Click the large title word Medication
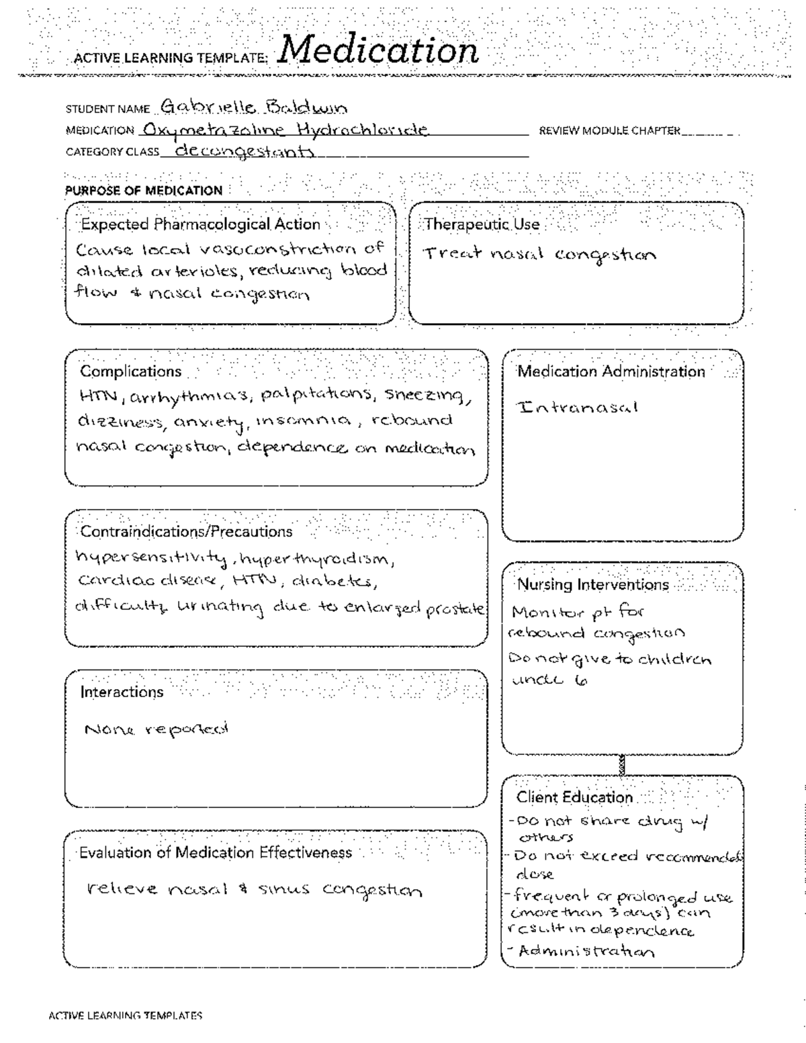(x=377, y=50)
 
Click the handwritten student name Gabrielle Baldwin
(x=254, y=107)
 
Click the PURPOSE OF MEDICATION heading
(x=144, y=191)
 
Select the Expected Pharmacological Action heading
(x=200, y=224)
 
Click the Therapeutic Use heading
(x=482, y=224)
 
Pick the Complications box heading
(x=131, y=371)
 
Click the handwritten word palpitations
(x=316, y=394)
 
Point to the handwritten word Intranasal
(x=578, y=408)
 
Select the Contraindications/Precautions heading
(x=186, y=532)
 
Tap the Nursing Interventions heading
(x=592, y=585)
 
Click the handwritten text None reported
(x=156, y=729)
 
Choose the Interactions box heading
(x=122, y=692)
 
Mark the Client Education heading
(x=574, y=798)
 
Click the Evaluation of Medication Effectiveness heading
(x=216, y=853)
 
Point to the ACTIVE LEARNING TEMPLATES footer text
(x=126, y=1016)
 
